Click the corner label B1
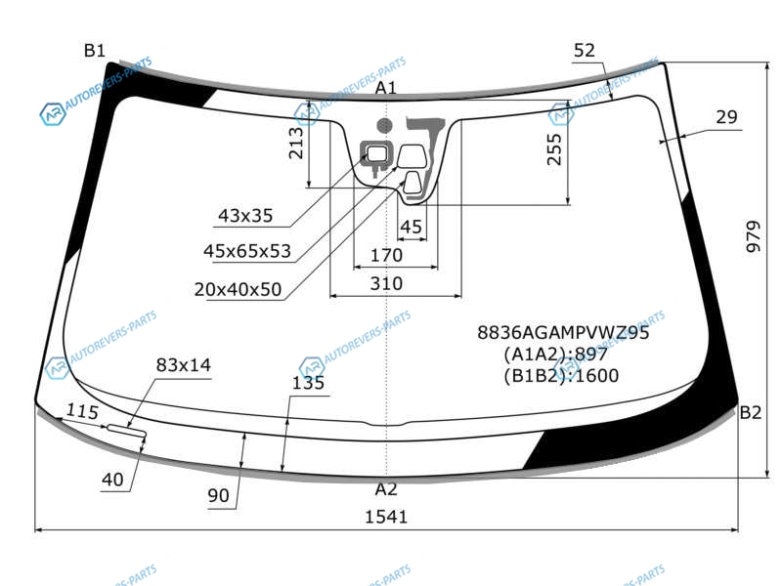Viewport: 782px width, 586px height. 95,51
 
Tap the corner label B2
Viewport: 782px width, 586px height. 751,412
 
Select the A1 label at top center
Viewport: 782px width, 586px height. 385,88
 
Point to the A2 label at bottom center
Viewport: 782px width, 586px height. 386,489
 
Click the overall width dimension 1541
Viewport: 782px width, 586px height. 386,517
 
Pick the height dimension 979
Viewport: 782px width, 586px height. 754,236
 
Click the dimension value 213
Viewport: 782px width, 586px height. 296,143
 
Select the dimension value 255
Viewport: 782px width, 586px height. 554,149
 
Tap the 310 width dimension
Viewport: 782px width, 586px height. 386,283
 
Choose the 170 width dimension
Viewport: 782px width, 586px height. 386,255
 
